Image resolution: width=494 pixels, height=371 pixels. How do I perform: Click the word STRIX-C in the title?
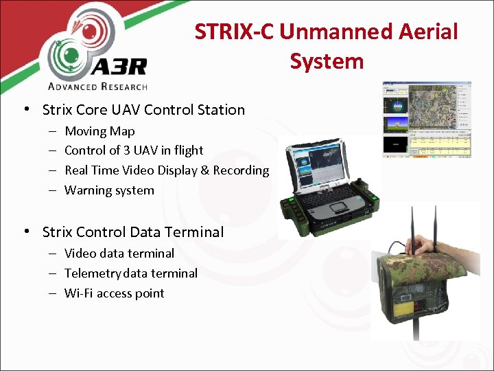coord(233,32)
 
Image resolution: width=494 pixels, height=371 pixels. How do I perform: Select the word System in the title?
coord(326,61)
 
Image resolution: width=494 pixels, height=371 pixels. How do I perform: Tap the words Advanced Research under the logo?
coord(97,87)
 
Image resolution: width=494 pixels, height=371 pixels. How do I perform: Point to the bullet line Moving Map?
coord(99,131)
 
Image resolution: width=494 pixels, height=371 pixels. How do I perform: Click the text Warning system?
coord(109,190)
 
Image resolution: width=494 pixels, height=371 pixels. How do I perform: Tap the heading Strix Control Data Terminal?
coord(132,232)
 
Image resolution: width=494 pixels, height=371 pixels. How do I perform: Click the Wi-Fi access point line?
coord(114,293)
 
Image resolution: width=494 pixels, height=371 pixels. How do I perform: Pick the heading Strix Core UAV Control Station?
coord(143,110)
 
